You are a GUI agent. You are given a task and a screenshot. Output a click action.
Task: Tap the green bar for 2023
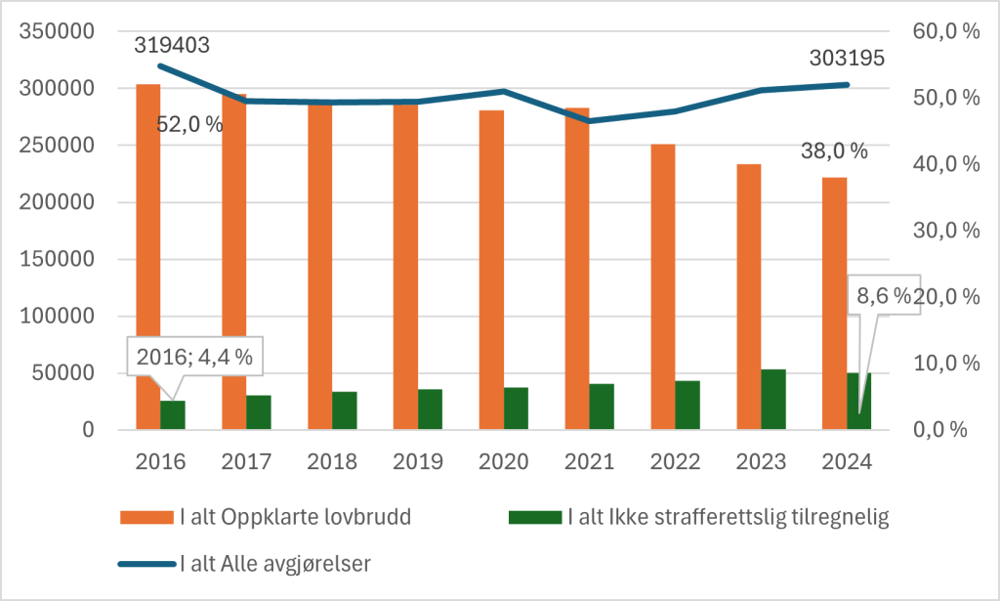coord(773,399)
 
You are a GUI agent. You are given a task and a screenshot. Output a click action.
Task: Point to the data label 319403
coord(172,44)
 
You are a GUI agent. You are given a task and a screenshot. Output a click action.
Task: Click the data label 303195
coord(847,59)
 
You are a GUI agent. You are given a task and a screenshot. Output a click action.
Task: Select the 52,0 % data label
coord(189,125)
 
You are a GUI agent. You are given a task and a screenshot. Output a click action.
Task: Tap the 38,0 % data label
coord(834,150)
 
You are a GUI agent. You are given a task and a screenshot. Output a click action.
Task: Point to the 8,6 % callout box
coord(885,296)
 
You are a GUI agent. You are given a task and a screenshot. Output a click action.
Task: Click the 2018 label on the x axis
coord(332,460)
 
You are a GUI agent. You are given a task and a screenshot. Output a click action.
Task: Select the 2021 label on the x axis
coord(590,460)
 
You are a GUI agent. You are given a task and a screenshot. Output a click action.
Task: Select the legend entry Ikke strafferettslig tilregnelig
coord(727,518)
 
